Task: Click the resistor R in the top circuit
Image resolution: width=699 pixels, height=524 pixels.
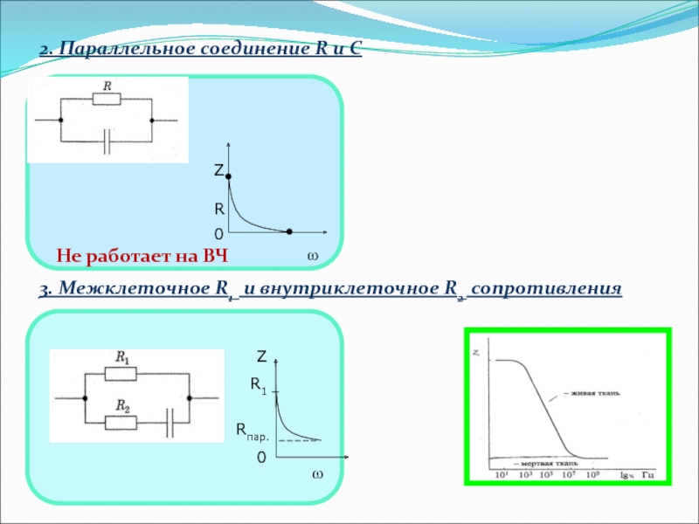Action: click(x=107, y=98)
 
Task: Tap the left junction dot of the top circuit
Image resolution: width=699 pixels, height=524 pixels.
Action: click(x=60, y=120)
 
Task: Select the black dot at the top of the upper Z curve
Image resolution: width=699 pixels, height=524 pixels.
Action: click(x=228, y=176)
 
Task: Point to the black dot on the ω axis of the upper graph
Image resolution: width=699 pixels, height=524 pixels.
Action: click(x=289, y=231)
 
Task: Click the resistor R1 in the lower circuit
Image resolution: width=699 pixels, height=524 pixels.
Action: click(x=121, y=373)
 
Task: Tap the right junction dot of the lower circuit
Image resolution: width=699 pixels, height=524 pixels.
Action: click(x=191, y=398)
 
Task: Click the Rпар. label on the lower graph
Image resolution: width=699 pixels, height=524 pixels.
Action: click(x=253, y=430)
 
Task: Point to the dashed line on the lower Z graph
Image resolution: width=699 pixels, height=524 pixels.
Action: click(x=298, y=441)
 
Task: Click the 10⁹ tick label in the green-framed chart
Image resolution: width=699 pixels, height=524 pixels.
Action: click(x=592, y=475)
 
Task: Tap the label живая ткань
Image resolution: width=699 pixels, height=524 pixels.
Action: click(x=597, y=394)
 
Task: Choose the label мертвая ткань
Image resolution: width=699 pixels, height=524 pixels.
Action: click(x=544, y=463)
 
